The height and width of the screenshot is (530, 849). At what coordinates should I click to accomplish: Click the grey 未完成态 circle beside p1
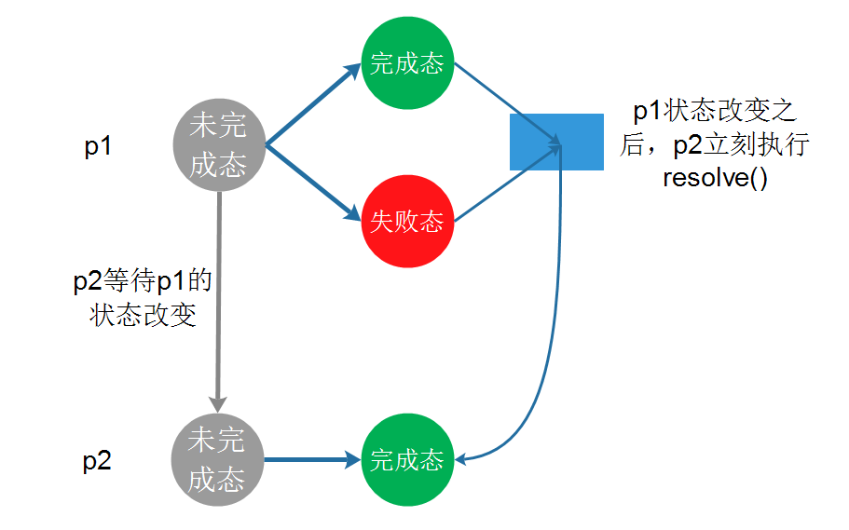pos(217,145)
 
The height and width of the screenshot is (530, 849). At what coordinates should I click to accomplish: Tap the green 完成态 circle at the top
pos(406,64)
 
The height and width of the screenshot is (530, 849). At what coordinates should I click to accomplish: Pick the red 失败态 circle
pos(406,221)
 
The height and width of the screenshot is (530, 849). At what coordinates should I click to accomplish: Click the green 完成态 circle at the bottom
pos(406,459)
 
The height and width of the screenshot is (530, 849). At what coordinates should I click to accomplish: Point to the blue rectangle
pos(556,142)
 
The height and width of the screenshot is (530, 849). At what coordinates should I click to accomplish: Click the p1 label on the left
pos(98,147)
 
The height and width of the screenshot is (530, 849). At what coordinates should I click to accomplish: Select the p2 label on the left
pos(97,461)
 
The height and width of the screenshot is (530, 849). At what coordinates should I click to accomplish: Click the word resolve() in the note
pos(715,178)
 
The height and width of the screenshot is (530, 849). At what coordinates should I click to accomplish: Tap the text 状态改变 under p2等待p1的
pos(144,315)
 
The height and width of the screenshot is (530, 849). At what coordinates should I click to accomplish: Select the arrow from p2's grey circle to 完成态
pos(312,459)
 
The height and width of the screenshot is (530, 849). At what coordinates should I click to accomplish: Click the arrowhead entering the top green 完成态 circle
pos(353,69)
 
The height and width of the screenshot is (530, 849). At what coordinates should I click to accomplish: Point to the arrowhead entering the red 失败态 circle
pos(353,216)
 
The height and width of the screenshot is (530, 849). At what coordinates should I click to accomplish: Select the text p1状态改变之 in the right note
pos(715,112)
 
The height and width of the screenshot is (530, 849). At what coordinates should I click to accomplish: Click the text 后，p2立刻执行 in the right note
pos(715,145)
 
